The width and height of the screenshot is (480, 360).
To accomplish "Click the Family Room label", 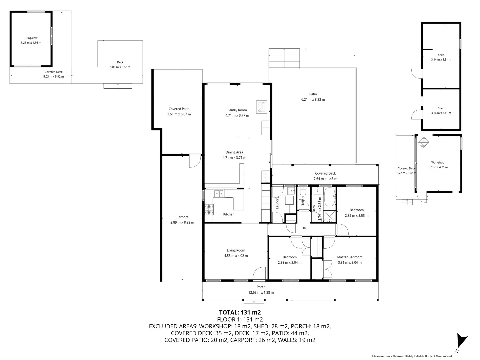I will click(x=237, y=110).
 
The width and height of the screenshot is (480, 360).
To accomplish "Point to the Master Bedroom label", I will click(x=350, y=257).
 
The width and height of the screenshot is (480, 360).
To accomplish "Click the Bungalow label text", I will click(x=31, y=38).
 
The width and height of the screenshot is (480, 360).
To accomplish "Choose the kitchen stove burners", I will click(x=209, y=209).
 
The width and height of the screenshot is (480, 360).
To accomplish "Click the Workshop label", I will click(x=437, y=162).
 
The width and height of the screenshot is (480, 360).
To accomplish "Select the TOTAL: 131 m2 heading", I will click(x=240, y=312).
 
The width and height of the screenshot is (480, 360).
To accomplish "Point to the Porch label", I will click(x=261, y=287).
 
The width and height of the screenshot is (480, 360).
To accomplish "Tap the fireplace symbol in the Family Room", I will click(x=261, y=107).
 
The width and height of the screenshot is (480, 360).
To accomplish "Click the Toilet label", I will click(x=303, y=201).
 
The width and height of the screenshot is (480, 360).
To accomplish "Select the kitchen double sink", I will click(x=218, y=193).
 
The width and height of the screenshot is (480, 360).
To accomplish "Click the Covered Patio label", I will click(x=179, y=109).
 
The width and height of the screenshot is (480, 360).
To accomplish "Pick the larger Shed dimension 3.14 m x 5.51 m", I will click(x=441, y=60).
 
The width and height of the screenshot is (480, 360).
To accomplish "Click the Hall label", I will click(x=304, y=228).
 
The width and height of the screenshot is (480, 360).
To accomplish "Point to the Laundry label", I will click(x=277, y=203).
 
